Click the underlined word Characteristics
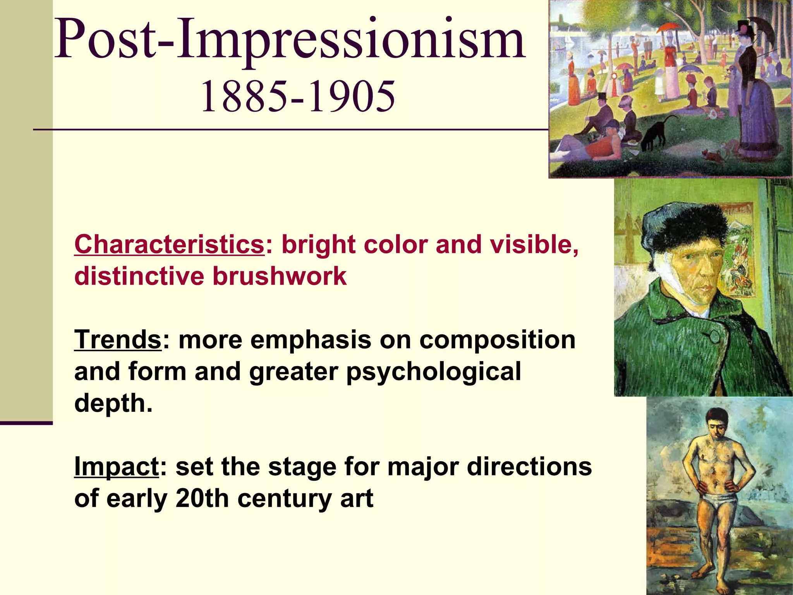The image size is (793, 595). (x=169, y=244)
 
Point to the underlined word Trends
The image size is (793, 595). (x=118, y=340)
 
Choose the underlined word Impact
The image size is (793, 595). (x=117, y=466)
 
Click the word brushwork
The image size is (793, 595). (x=280, y=276)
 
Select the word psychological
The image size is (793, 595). (x=434, y=372)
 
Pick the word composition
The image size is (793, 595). (x=498, y=340)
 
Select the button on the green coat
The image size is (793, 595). (x=715, y=336)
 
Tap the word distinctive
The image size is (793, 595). (x=139, y=276)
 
